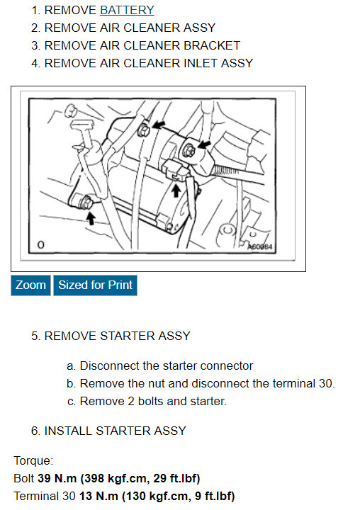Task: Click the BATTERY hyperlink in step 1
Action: (127, 11)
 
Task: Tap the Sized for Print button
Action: (95, 285)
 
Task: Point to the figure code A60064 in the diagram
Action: (260, 246)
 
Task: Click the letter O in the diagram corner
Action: (40, 244)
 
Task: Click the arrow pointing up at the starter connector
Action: (176, 191)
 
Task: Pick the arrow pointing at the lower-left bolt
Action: (91, 219)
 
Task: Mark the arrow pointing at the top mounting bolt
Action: (159, 124)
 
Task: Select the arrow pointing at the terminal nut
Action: (204, 144)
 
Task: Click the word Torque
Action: (33, 461)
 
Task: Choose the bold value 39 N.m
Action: (57, 478)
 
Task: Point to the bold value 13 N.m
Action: (99, 496)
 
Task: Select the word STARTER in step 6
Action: (123, 431)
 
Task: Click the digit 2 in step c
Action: (131, 402)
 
